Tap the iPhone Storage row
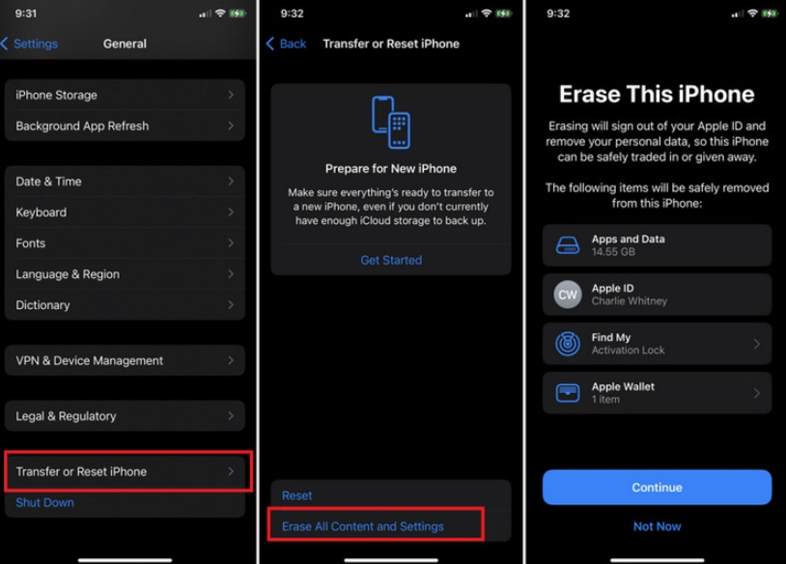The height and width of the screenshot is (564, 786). tap(125, 95)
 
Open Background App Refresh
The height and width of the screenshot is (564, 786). tap(125, 126)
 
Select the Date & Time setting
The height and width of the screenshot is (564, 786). tap(125, 182)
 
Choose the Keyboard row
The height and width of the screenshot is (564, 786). tap(125, 212)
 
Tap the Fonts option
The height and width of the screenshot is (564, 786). tap(125, 243)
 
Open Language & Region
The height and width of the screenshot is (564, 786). tap(125, 274)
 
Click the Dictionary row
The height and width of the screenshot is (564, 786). tap(125, 305)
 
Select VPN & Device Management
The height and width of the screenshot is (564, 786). tap(125, 360)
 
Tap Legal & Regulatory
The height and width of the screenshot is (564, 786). tap(125, 416)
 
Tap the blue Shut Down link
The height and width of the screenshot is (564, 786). tap(45, 502)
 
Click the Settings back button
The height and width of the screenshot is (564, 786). tap(30, 43)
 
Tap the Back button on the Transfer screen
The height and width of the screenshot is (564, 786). tap(287, 43)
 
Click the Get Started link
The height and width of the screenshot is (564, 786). tap(391, 260)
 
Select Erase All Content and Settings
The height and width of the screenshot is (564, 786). tap(363, 526)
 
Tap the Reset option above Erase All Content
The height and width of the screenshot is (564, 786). tap(297, 495)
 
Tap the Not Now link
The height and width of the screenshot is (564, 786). tap(657, 526)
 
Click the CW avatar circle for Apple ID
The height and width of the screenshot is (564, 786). tap(568, 295)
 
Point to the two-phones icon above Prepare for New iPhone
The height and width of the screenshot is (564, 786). tap(391, 122)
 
